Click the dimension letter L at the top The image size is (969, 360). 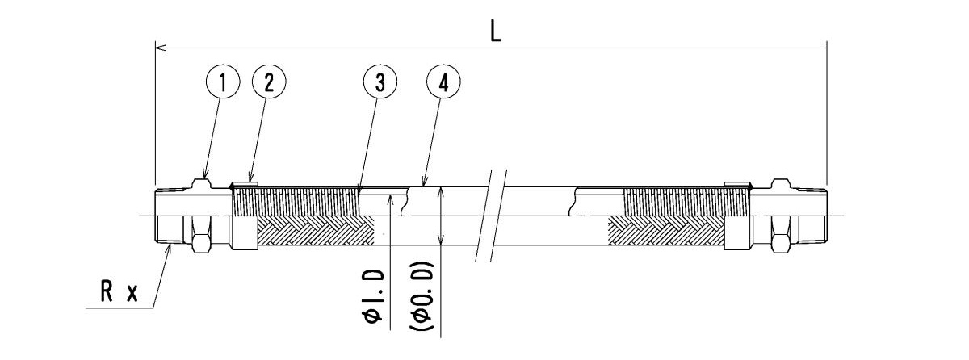495,31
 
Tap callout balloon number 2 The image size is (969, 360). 269,81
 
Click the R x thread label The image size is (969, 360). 120,294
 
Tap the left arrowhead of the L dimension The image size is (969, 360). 158,48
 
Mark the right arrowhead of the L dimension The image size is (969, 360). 823,48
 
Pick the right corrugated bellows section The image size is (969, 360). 678,201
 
